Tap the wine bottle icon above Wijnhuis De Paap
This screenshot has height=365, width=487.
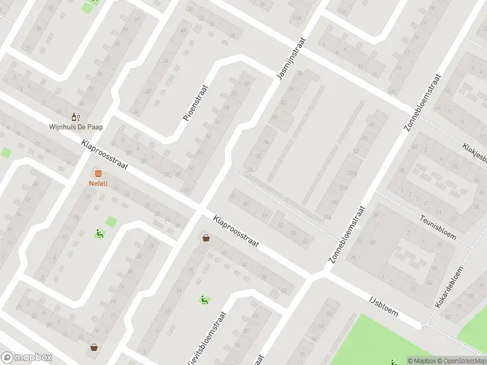[75, 117]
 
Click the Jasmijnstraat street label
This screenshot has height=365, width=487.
[290, 59]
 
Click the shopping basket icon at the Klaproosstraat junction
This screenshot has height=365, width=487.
[206, 238]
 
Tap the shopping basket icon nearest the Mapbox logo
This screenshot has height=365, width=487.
[94, 347]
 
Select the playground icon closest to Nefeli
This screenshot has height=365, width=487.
[99, 233]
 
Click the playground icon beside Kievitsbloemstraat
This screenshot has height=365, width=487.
[205, 299]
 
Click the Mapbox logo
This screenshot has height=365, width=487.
[26, 358]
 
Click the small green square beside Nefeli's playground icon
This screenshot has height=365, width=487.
[111, 221]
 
